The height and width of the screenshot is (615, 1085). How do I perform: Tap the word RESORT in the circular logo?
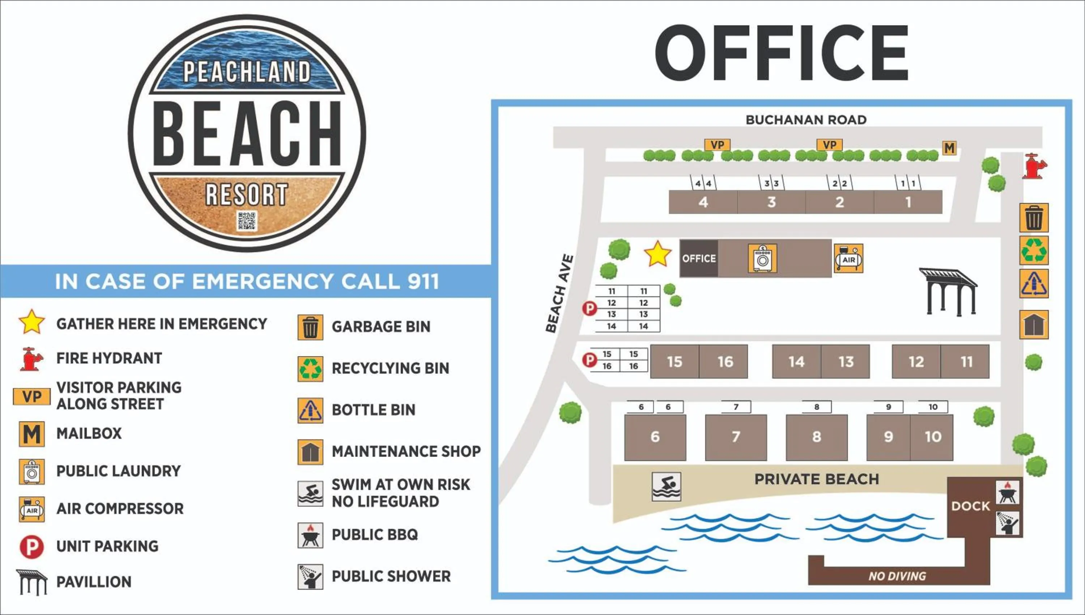tap(247, 195)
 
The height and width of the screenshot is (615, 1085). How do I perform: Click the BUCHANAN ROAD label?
tap(806, 120)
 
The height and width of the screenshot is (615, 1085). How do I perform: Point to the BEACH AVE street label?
tap(559, 293)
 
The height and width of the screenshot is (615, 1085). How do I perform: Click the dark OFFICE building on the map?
tap(699, 258)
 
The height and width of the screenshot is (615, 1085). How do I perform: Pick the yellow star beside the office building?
tap(658, 254)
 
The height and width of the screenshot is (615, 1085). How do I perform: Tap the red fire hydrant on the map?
tap(1033, 166)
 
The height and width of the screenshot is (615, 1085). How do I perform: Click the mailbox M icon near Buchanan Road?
tap(949, 148)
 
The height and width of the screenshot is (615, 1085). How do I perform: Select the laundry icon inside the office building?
tap(762, 258)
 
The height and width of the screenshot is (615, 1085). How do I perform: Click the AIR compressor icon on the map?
tap(848, 258)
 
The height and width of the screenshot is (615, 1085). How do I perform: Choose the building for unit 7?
tap(736, 437)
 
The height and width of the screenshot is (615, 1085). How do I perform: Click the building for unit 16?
tap(724, 362)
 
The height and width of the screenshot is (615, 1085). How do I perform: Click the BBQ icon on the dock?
tap(1007, 492)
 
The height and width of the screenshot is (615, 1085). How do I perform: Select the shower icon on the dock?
tap(1007, 523)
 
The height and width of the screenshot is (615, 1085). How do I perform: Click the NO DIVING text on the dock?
tap(897, 576)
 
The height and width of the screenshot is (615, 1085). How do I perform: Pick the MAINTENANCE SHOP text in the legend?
tap(406, 452)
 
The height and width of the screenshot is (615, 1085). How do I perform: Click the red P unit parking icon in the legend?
tap(32, 547)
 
